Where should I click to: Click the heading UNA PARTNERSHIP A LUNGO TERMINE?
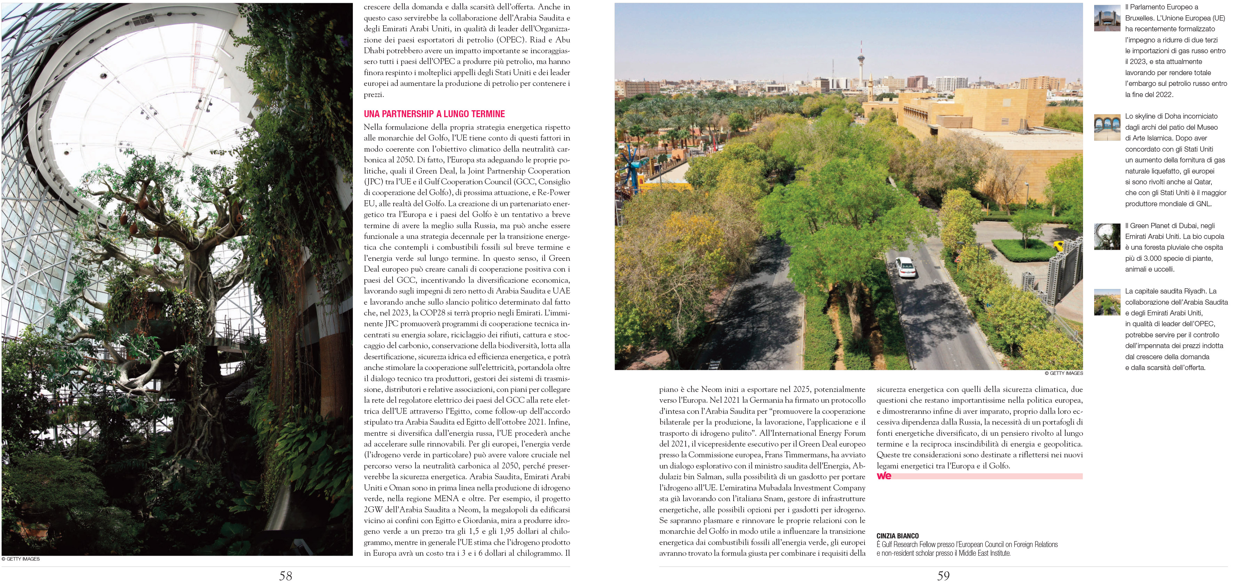coord(434,114)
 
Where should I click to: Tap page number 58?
coord(285,576)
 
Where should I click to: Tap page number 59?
coord(943,576)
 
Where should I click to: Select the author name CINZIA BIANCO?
coord(898,536)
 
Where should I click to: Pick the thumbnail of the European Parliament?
coord(1107,18)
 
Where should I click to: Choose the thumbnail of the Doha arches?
coord(1107,128)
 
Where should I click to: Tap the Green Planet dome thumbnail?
coord(1107,237)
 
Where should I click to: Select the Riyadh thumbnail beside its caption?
coord(1107,302)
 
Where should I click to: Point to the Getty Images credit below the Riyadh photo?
coord(1063,373)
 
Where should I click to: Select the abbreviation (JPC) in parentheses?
coord(373,182)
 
